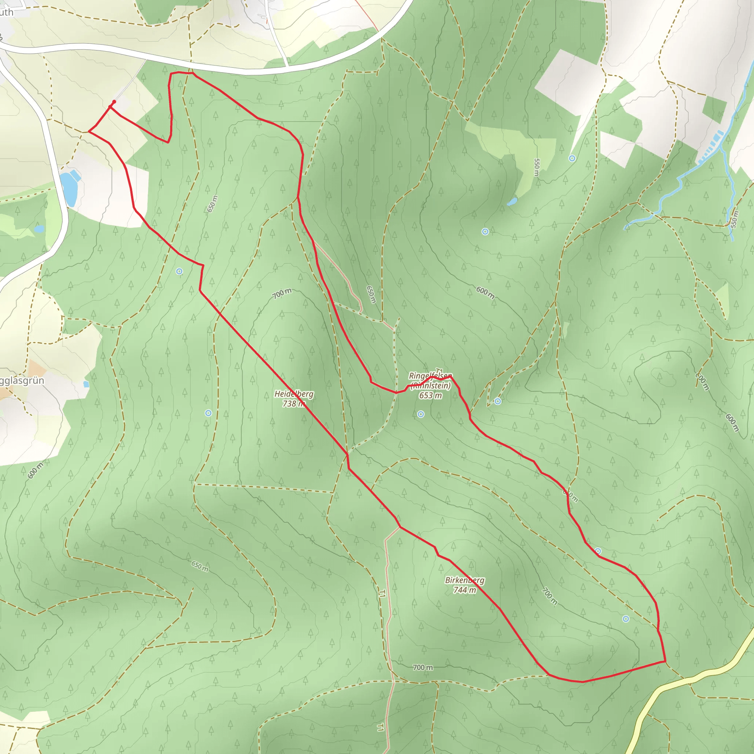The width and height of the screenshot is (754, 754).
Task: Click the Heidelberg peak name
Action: (293, 394)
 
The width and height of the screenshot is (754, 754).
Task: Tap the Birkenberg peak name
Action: (464, 580)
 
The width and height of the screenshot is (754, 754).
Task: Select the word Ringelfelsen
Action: (430, 376)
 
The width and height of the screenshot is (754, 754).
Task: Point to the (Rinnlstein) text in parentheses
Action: (430, 385)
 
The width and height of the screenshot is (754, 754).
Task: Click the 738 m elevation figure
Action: (293, 404)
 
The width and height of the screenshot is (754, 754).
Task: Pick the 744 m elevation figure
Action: (464, 590)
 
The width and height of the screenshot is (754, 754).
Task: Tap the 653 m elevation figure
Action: (430, 395)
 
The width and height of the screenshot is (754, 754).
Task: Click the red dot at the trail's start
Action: (114, 102)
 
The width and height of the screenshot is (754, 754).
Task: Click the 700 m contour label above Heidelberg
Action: (282, 293)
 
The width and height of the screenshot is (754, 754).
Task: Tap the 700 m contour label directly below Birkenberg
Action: (423, 667)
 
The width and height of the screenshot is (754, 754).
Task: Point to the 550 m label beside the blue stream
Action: (735, 219)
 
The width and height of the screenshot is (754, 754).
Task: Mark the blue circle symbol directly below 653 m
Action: (420, 414)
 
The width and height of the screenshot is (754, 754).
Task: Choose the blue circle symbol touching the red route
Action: (598, 551)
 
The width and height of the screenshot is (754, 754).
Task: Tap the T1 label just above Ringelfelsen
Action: (440, 370)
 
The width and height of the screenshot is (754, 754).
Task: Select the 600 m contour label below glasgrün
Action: (35, 470)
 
